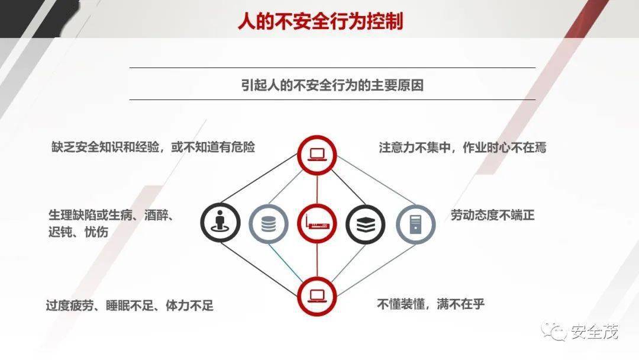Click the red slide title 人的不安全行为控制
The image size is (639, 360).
(x=320, y=21)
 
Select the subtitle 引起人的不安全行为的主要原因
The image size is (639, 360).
(x=332, y=85)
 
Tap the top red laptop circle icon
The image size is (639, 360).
(x=317, y=155)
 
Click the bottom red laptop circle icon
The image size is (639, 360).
(x=317, y=296)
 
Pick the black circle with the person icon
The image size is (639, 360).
(x=220, y=223)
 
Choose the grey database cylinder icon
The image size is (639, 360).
(x=269, y=224)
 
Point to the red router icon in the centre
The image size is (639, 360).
(x=317, y=224)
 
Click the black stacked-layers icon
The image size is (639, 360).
(x=365, y=224)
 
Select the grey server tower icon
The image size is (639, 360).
(x=416, y=224)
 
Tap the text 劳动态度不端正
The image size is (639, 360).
(x=492, y=215)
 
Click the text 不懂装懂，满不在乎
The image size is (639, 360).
(x=431, y=304)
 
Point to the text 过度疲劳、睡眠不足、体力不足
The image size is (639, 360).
(x=130, y=305)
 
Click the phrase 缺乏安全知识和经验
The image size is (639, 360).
(x=105, y=147)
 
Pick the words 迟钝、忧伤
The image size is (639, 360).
(x=78, y=232)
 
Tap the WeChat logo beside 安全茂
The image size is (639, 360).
(x=554, y=332)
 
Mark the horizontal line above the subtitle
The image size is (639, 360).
(x=332, y=67)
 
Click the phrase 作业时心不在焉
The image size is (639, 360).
(x=505, y=147)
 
